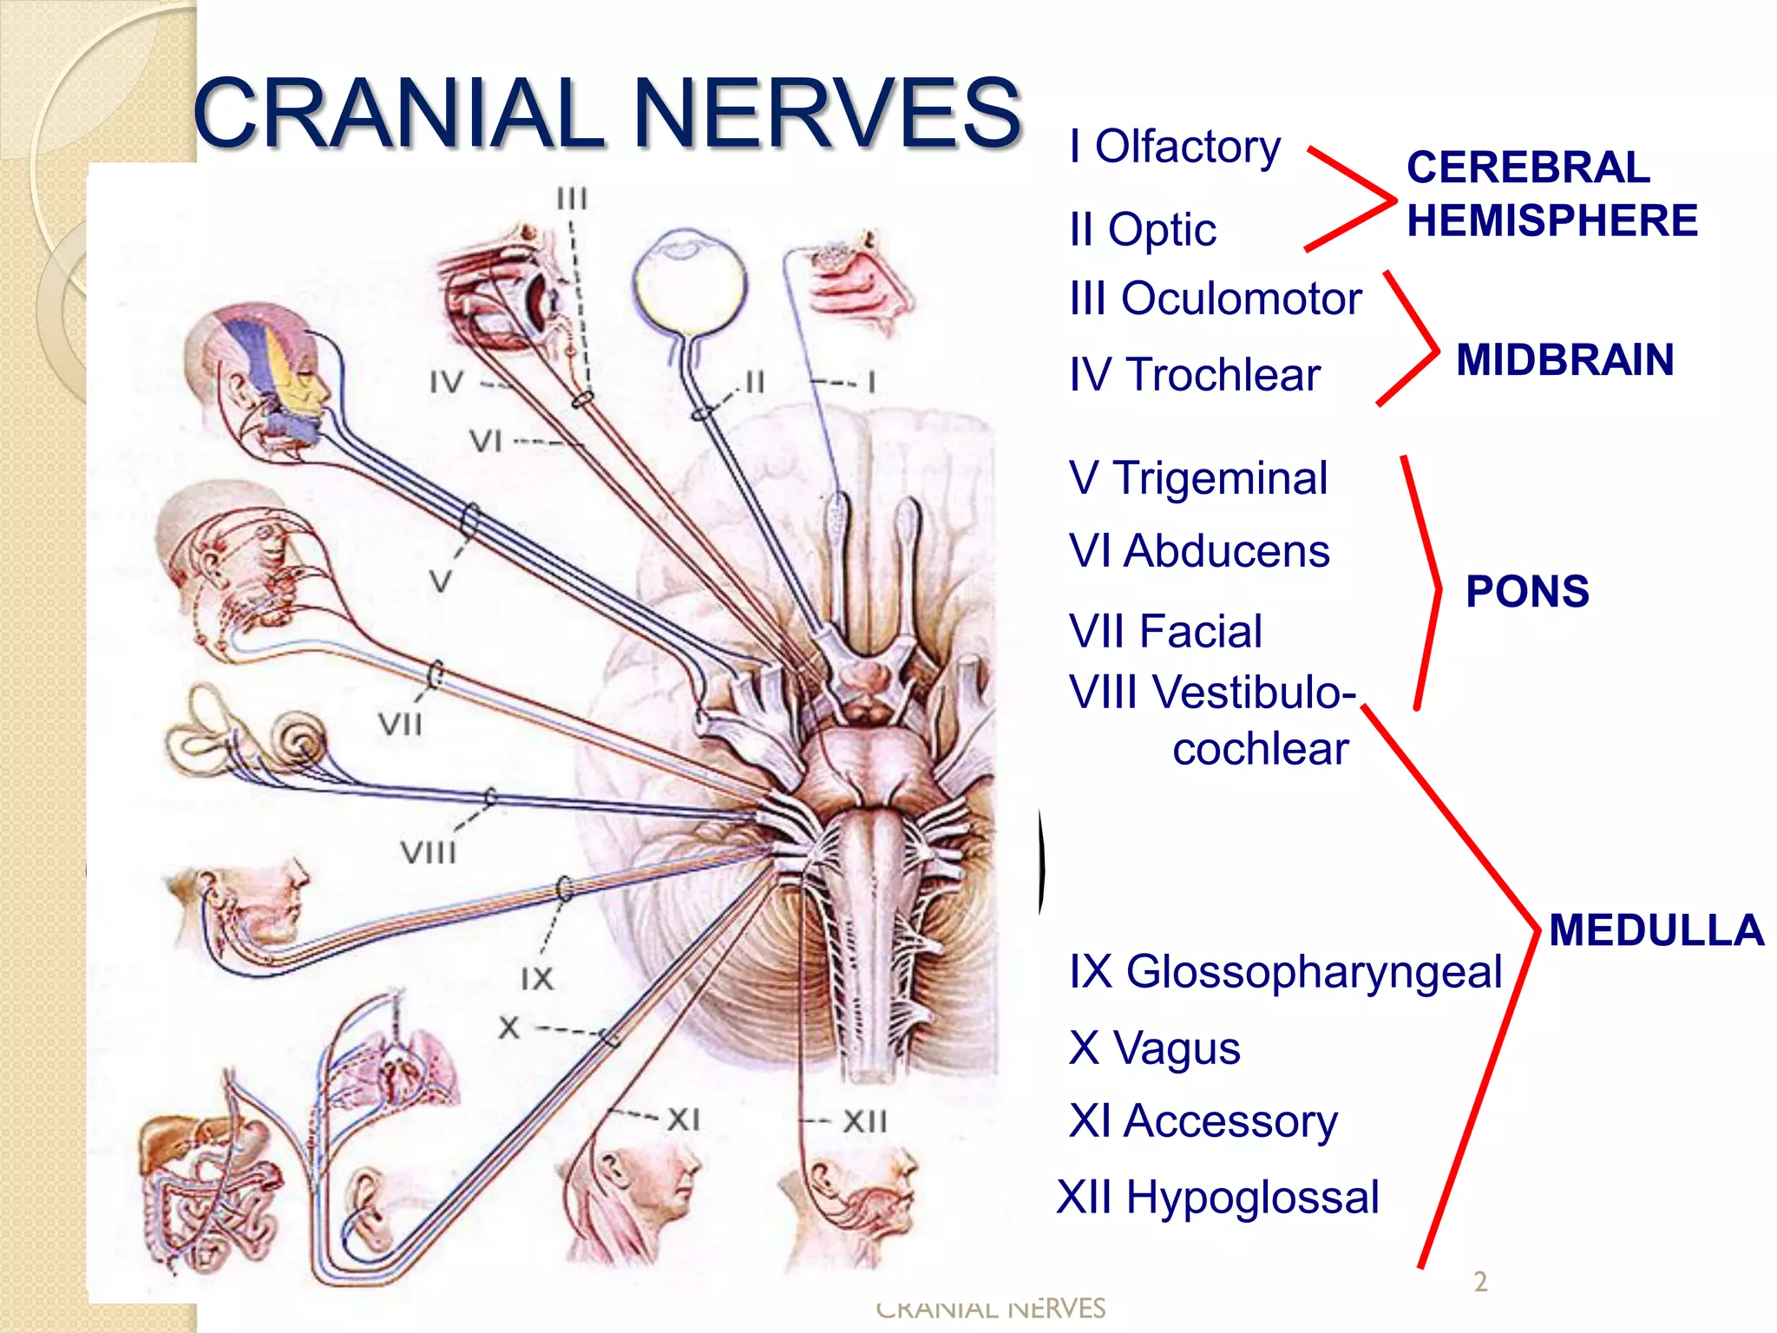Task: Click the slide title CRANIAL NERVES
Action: click(x=607, y=113)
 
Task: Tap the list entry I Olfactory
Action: click(x=1175, y=147)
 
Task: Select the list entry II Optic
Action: click(x=1143, y=230)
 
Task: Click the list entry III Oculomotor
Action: click(x=1215, y=299)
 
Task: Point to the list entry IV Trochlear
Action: click(x=1194, y=375)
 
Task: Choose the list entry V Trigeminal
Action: click(x=1197, y=478)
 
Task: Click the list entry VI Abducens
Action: click(x=1198, y=551)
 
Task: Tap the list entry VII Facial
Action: click(x=1164, y=631)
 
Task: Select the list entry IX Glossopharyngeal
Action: click(x=1285, y=971)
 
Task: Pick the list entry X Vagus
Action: click(x=1154, y=1047)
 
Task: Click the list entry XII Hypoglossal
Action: click(x=1217, y=1198)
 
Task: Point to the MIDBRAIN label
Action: click(x=1564, y=360)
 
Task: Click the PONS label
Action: click(x=1527, y=592)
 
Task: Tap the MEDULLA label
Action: click(x=1656, y=930)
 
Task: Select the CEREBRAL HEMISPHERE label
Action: click(x=1551, y=194)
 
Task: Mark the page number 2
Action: click(x=1480, y=1282)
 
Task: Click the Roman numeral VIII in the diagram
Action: click(x=428, y=853)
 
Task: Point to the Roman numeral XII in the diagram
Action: click(x=864, y=1121)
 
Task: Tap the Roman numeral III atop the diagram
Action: click(x=572, y=200)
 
